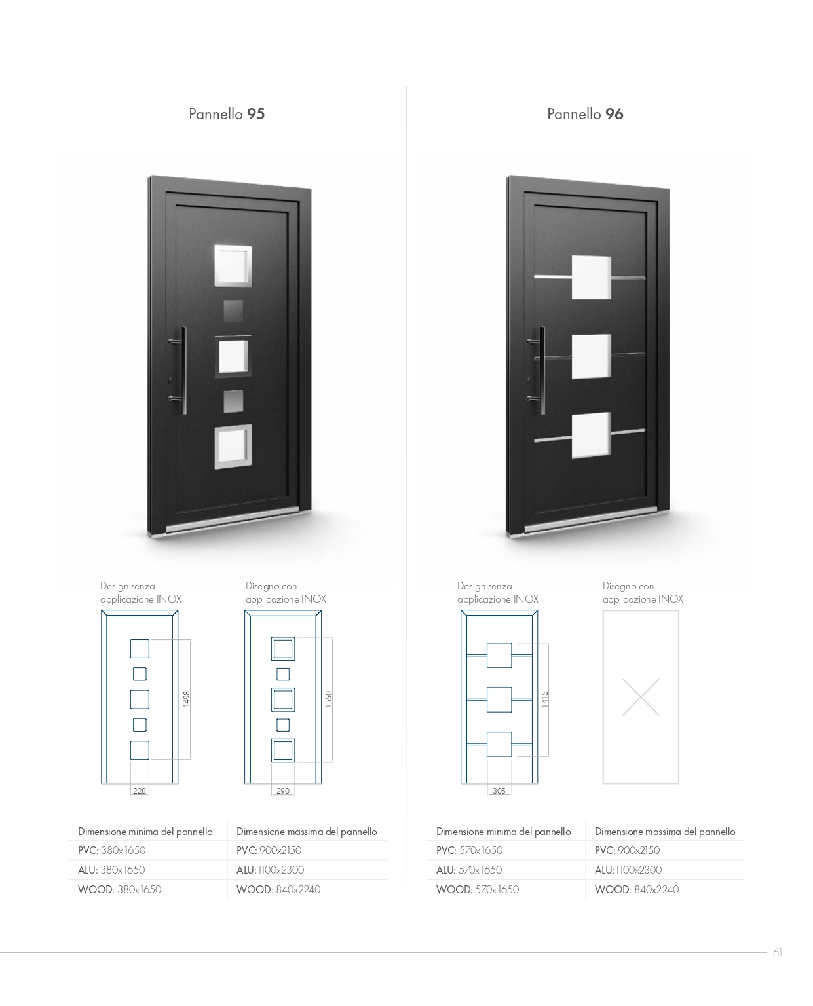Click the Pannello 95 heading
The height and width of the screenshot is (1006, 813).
(x=226, y=114)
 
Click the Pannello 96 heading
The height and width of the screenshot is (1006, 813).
(x=585, y=114)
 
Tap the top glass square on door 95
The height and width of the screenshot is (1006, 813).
(x=233, y=265)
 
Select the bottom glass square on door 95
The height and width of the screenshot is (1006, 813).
(x=233, y=446)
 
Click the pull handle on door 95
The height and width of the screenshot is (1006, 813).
(x=183, y=370)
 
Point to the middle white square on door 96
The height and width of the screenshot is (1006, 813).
(x=591, y=356)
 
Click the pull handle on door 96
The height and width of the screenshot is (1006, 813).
(x=542, y=370)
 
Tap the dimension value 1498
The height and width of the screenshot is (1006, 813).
(x=186, y=699)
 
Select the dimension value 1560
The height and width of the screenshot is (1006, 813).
(x=329, y=699)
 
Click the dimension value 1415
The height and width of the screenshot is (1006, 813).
(x=544, y=699)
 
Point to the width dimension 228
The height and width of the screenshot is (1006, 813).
(x=140, y=791)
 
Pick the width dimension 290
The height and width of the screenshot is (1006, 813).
(x=283, y=791)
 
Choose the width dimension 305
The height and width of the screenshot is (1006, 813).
(x=499, y=791)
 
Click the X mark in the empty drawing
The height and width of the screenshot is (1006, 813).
(x=641, y=697)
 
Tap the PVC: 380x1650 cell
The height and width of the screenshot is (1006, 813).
(x=111, y=850)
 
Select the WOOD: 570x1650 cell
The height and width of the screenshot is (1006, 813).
(x=478, y=889)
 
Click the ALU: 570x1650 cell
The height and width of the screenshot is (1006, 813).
(x=469, y=870)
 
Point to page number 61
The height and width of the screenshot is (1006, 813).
(x=777, y=953)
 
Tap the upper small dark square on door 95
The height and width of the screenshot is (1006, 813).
(x=233, y=311)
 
